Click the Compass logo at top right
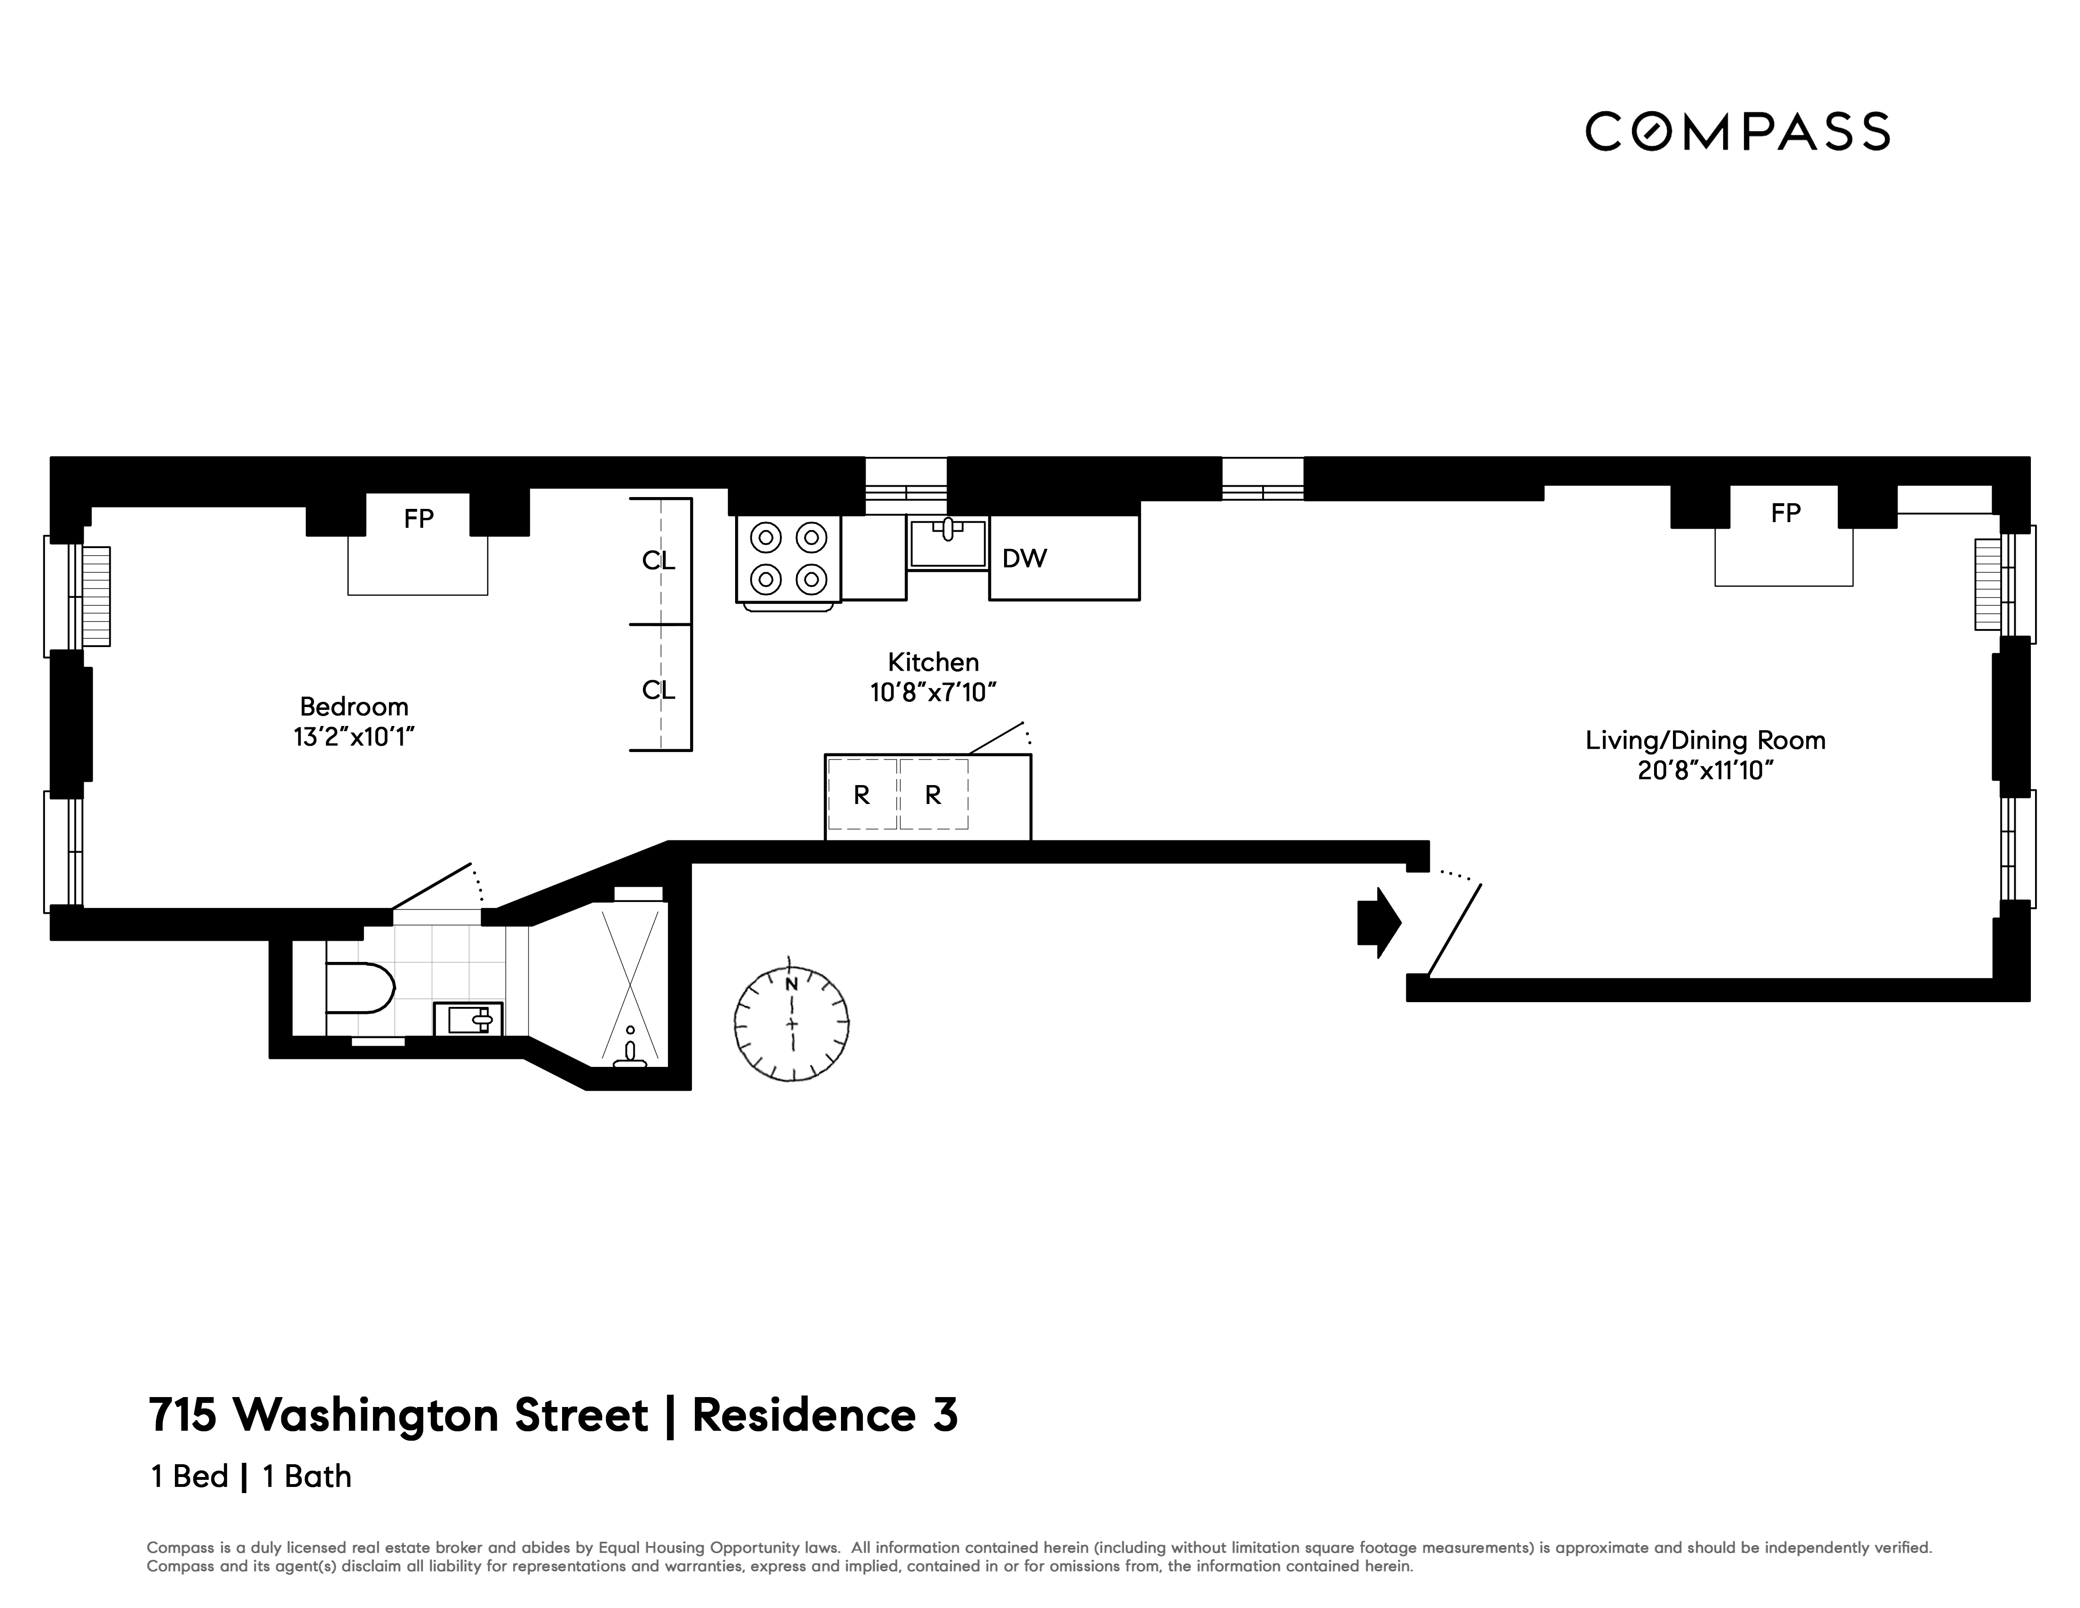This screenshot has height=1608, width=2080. pyautogui.click(x=1737, y=131)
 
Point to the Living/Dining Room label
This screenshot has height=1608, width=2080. pyautogui.click(x=1705, y=740)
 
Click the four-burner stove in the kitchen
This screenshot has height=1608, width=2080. pyautogui.click(x=788, y=559)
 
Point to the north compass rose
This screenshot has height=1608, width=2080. pyautogui.click(x=791, y=1024)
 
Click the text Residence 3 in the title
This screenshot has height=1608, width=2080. pyautogui.click(x=825, y=1416)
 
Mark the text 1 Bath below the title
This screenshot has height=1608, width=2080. pyautogui.click(x=307, y=1477)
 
